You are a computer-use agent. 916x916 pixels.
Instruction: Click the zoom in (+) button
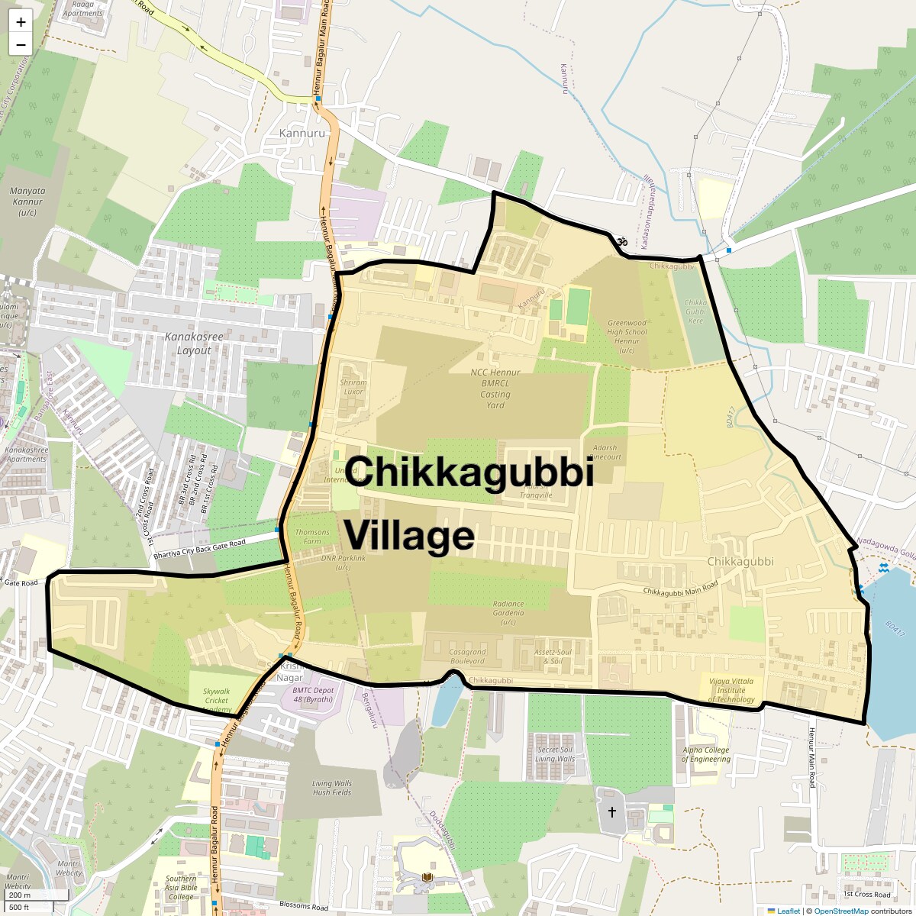(21, 22)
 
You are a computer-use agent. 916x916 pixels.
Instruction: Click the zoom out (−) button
(21, 44)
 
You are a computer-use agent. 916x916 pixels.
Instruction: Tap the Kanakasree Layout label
(194, 343)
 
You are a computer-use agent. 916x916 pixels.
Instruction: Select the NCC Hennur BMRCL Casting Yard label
(495, 389)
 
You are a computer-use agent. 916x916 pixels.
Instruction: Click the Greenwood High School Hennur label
(627, 337)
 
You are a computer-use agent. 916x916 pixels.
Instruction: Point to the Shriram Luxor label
(353, 387)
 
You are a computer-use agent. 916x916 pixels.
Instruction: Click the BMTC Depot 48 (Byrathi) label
(313, 695)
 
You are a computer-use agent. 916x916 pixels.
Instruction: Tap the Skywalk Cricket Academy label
(216, 700)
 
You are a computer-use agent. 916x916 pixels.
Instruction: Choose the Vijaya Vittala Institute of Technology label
(731, 690)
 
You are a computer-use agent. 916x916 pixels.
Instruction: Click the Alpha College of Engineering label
(706, 754)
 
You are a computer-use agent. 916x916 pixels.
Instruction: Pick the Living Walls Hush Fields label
(332, 788)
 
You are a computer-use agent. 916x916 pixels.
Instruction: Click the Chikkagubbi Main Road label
(680, 588)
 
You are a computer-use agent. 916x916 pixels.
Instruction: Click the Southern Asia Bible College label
(181, 888)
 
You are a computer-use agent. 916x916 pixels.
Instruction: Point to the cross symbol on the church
(611, 813)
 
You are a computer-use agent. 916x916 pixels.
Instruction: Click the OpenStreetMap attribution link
(840, 911)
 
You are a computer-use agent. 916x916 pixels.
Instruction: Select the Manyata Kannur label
(27, 202)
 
